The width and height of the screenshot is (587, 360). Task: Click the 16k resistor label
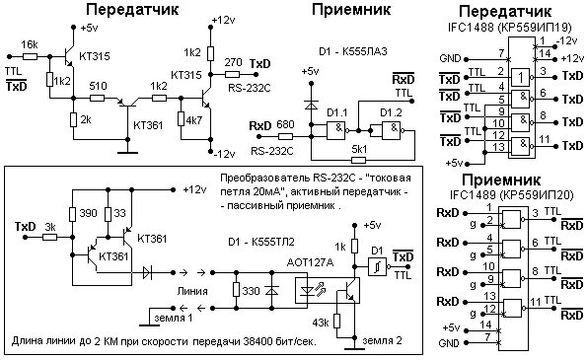[30, 45]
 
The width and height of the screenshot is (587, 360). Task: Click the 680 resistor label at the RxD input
[285, 124]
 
